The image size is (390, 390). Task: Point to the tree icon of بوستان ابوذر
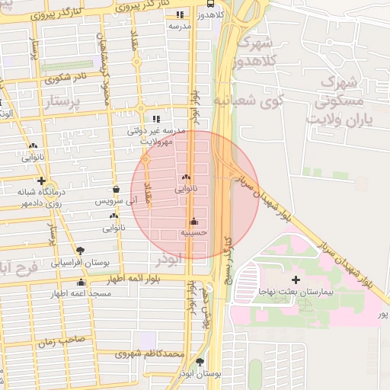tap(200, 362)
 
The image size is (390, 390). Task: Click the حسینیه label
tap(194, 232)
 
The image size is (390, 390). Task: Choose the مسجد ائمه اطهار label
tap(82, 293)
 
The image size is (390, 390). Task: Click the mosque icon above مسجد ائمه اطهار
tap(81, 283)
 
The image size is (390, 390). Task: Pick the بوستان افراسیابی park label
tap(81, 262)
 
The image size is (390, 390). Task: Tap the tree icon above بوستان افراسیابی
tap(81, 250)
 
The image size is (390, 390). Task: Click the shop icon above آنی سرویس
tap(115, 190)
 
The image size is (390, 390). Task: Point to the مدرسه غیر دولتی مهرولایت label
tap(157, 136)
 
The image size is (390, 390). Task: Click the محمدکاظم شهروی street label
tap(150, 354)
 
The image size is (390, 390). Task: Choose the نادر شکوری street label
tap(66, 77)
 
